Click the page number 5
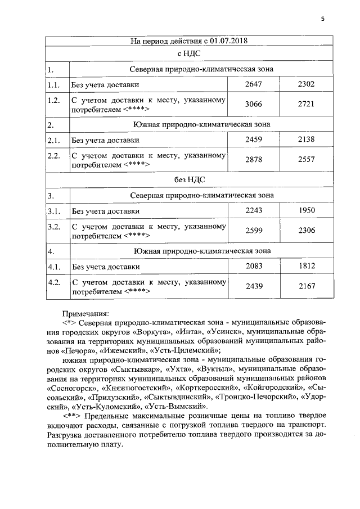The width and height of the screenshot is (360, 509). coord(323,19)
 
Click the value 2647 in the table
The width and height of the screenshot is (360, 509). coord(254,84)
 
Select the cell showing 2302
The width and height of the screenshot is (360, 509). coord(306,84)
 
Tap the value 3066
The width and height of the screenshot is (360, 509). coord(254,104)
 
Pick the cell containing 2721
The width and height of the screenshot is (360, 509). coord(306,104)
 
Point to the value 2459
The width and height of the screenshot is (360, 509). coord(254,139)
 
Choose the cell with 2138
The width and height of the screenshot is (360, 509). coord(306,139)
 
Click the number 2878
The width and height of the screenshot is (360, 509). coord(254,159)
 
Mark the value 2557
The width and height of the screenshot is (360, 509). coord(306,159)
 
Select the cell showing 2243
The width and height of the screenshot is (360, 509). coord(254,211)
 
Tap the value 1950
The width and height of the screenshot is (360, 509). coord(306,211)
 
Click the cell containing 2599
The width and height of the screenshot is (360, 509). coord(254,231)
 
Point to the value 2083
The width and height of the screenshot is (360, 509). coord(254,266)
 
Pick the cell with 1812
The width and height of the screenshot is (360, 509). coord(306,266)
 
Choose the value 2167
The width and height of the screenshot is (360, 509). coord(306,286)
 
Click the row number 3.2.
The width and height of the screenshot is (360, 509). coord(55,227)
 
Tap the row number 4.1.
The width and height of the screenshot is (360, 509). coord(55,266)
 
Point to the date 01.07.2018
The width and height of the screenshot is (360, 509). coord(227,40)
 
